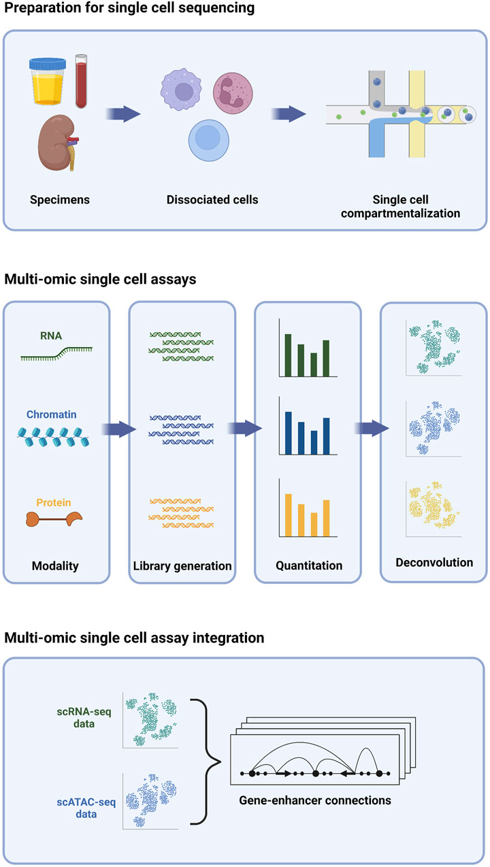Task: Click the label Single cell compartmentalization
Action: click(x=416, y=206)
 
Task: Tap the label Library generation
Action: click(x=182, y=566)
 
